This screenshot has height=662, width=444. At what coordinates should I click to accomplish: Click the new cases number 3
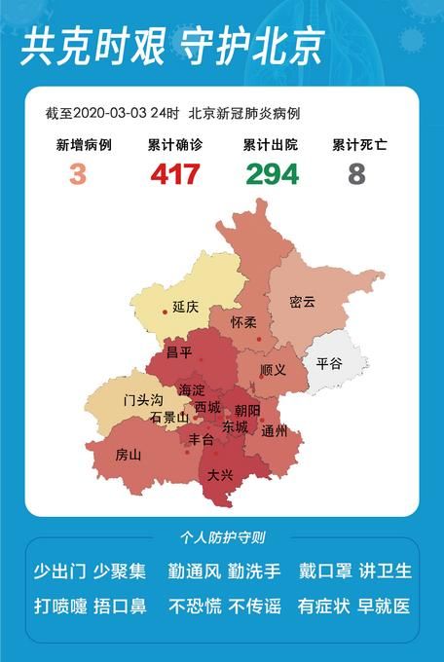77,174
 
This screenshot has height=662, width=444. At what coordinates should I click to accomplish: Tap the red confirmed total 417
175,174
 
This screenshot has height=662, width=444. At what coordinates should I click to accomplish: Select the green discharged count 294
272,174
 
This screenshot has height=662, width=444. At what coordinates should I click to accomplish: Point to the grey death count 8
357,174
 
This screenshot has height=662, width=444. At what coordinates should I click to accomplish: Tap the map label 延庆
185,307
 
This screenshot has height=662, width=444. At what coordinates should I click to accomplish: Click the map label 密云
302,303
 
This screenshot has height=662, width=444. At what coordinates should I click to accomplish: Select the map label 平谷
329,363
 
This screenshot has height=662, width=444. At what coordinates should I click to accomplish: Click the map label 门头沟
143,400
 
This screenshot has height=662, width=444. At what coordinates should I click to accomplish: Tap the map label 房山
128,455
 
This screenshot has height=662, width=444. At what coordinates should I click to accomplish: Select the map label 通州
275,430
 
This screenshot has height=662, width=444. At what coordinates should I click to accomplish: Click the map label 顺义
273,371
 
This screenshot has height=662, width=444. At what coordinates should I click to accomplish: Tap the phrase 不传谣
255,606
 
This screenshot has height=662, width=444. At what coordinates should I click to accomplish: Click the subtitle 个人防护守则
222,537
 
